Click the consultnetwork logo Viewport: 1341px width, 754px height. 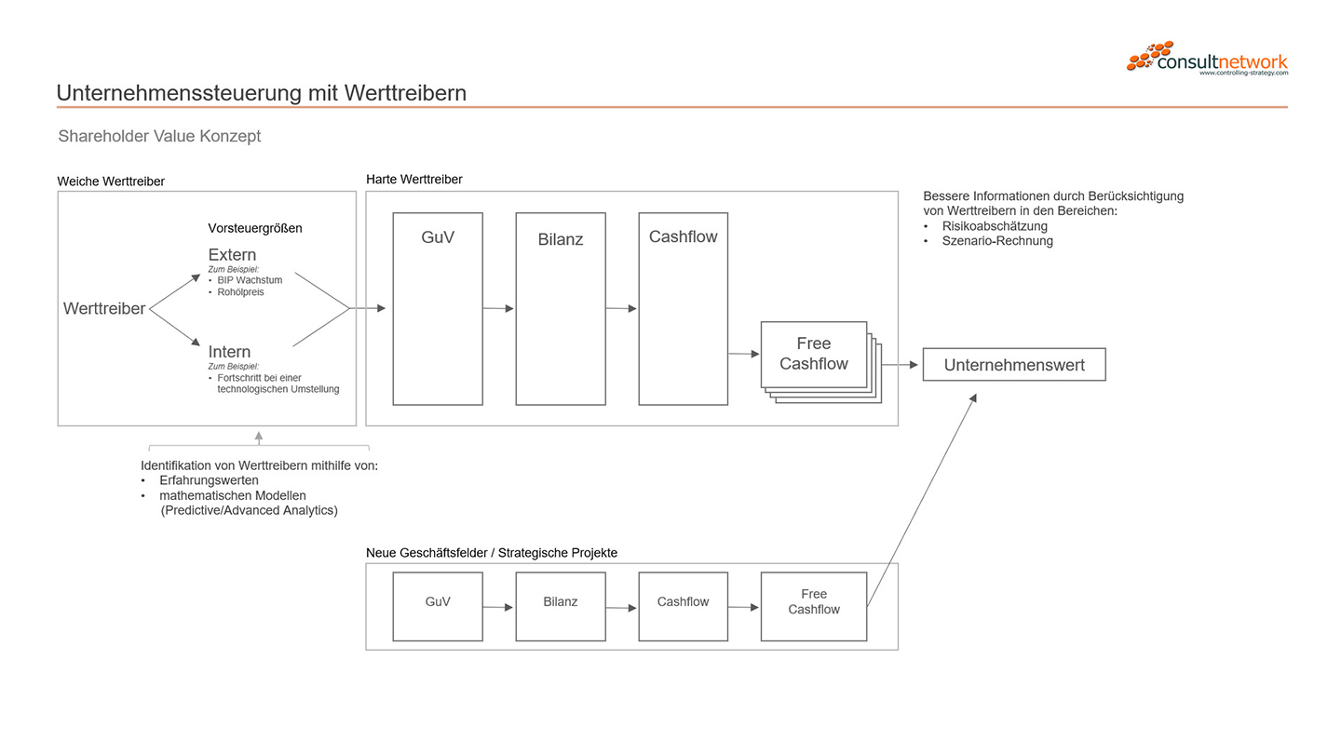[x=1207, y=59]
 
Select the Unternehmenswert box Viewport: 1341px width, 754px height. [x=1013, y=365]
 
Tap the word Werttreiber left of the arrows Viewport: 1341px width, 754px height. [x=104, y=309]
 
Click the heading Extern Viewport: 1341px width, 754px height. [x=232, y=255]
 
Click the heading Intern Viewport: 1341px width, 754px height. [x=229, y=352]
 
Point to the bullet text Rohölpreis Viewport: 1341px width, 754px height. [x=240, y=292]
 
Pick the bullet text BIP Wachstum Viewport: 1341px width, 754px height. [x=250, y=280]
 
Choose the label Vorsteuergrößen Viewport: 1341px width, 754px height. [x=254, y=228]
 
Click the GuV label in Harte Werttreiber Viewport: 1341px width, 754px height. [x=438, y=237]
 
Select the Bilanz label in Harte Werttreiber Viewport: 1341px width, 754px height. [x=560, y=239]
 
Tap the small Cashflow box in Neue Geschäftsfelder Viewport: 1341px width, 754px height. [x=683, y=606]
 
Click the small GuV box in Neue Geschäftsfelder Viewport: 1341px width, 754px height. [x=438, y=606]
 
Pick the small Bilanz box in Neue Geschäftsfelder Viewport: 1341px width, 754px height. [x=560, y=606]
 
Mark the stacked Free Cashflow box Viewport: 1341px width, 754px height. [x=814, y=355]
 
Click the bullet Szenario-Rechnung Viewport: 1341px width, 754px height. [x=996, y=241]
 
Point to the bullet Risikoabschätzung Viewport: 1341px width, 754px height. [x=995, y=226]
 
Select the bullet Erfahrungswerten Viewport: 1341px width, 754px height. [x=209, y=480]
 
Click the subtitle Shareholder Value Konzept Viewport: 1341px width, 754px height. [x=159, y=136]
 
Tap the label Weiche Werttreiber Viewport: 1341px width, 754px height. [x=111, y=182]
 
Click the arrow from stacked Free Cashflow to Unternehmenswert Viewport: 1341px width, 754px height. [x=901, y=365]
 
